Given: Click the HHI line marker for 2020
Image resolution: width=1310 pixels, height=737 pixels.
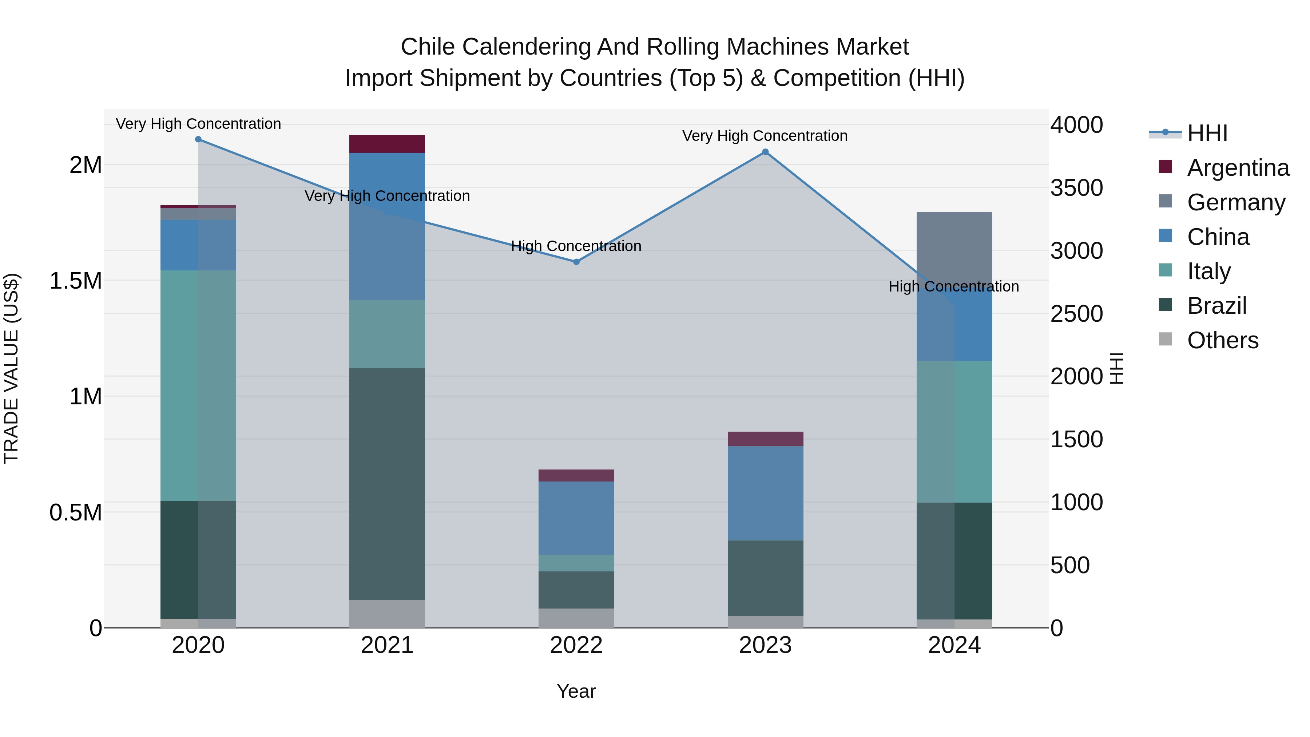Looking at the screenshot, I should tap(198, 139).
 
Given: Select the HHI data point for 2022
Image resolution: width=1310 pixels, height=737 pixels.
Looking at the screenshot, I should tap(576, 262).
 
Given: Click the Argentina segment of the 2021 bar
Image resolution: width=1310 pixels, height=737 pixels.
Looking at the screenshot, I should tap(387, 144).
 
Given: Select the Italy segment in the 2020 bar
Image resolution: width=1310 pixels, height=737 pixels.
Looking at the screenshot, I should tap(198, 385).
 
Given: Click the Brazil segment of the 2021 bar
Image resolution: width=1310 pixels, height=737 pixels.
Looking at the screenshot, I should tap(387, 483).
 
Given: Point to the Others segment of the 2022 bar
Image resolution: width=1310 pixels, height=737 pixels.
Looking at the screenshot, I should tap(576, 618).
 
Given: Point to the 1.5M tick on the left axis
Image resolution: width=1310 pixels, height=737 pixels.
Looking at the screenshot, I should tap(76, 281).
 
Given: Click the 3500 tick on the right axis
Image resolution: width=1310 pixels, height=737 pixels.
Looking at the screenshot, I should tap(1077, 188).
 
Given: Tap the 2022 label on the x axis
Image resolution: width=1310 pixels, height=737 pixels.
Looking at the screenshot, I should tap(576, 645).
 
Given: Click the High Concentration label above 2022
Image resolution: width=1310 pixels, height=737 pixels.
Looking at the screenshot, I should tap(576, 246).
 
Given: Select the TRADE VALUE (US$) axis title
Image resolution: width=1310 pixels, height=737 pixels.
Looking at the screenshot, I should tap(11, 368).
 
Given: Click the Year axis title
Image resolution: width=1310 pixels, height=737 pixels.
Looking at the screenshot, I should tap(576, 691).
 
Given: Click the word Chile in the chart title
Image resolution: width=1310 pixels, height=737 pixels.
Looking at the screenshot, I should tap(427, 47).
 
